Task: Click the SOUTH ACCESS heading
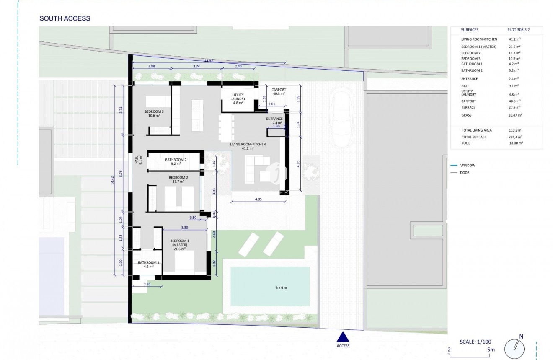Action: click(65, 18)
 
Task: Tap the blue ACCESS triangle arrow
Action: click(343, 337)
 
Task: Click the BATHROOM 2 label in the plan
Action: click(176, 162)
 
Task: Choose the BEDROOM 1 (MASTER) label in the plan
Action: click(181, 244)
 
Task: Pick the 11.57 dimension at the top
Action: click(209, 61)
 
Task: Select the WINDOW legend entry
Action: click(468, 166)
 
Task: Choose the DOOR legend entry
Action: click(465, 173)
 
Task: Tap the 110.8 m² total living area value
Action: click(514, 130)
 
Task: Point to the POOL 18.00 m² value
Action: click(515, 143)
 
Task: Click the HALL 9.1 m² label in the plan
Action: click(138, 160)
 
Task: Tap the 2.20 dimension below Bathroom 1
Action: click(146, 285)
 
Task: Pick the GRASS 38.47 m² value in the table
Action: click(515, 115)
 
